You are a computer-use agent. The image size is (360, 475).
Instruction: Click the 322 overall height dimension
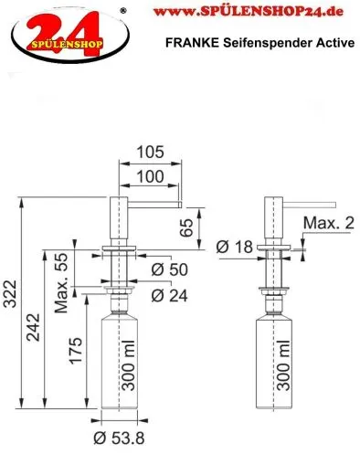coord(11,294)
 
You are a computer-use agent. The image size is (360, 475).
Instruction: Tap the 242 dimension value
coord(33,327)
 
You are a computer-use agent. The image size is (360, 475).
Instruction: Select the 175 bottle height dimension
coord(76,351)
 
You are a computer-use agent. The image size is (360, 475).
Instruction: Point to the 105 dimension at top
coord(150,152)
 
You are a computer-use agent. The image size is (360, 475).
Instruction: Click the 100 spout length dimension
coord(150,176)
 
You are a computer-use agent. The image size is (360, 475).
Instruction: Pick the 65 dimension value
coord(186,227)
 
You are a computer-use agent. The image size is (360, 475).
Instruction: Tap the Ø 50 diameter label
coord(170,269)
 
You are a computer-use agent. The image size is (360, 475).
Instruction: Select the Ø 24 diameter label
coord(170,295)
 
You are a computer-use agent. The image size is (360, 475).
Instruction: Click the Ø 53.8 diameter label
coord(119,438)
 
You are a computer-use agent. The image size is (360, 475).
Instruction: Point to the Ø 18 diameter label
coord(235,247)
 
